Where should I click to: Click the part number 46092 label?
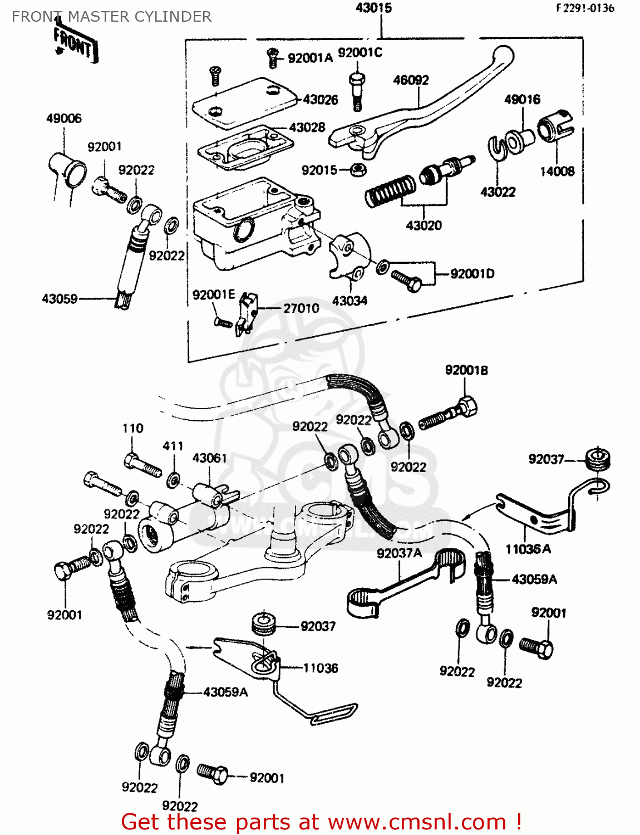(x=411, y=80)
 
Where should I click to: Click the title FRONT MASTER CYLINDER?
(x=111, y=17)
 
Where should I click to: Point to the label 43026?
(x=321, y=100)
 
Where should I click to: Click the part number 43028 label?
(x=307, y=127)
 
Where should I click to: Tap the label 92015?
(x=319, y=170)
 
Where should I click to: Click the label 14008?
(x=557, y=171)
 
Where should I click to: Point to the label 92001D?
(x=472, y=274)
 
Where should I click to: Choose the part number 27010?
(x=301, y=308)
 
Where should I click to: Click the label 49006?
(x=63, y=119)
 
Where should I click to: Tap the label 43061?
(x=209, y=458)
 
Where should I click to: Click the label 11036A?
(x=528, y=549)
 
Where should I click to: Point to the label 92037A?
(x=399, y=553)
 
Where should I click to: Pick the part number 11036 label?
(x=320, y=668)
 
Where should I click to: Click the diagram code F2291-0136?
(x=584, y=8)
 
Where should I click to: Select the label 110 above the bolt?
(x=132, y=429)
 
